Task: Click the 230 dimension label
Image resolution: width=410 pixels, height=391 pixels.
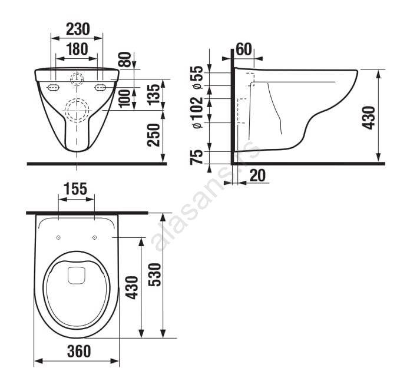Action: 78,29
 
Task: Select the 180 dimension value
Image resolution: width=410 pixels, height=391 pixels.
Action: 77,49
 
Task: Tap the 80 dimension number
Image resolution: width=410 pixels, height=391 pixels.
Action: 125,59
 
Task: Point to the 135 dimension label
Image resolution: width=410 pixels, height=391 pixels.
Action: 153,94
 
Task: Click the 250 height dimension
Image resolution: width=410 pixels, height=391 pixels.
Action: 153,135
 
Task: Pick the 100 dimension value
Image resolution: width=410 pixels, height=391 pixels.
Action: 125,98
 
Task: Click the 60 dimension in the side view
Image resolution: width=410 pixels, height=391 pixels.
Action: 244,49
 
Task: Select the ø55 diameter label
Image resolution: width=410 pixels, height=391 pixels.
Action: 197,77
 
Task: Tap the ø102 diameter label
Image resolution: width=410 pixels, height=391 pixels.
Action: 197,112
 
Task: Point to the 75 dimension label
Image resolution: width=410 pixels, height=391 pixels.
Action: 197,157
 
